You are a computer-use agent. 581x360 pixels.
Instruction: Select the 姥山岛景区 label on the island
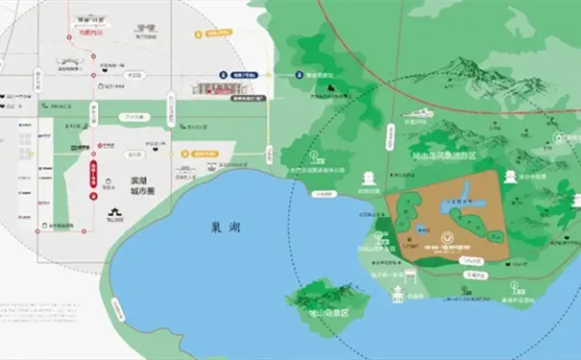(326, 313)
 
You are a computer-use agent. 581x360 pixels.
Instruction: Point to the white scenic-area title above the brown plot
(445, 154)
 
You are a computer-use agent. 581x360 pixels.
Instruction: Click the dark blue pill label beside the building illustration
(245, 72)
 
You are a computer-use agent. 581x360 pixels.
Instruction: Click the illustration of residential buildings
(212, 87)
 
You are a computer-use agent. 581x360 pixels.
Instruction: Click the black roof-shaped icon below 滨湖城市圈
(114, 213)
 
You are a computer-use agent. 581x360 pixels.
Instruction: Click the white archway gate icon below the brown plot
(410, 278)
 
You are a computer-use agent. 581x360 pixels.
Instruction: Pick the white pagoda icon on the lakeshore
(369, 180)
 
